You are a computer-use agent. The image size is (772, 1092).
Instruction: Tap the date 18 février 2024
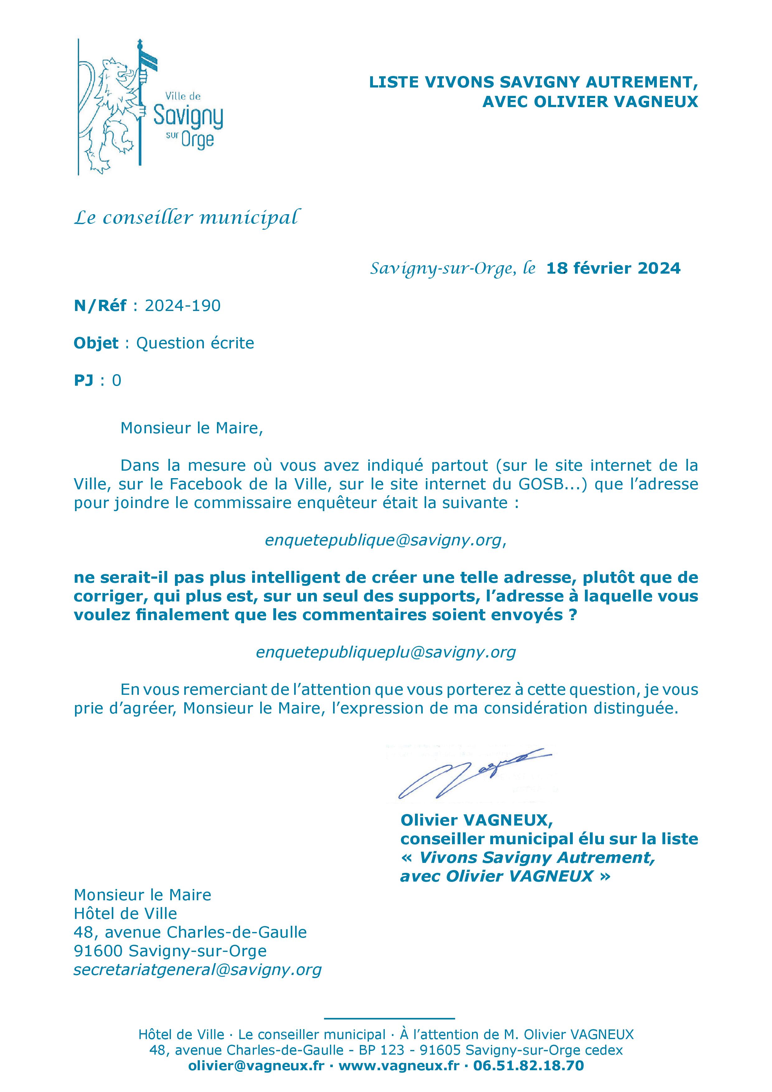(x=613, y=268)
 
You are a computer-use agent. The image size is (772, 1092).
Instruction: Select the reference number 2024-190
(x=183, y=306)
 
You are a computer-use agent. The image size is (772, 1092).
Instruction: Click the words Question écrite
(x=195, y=343)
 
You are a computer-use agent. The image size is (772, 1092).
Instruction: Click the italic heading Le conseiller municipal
(x=187, y=218)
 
